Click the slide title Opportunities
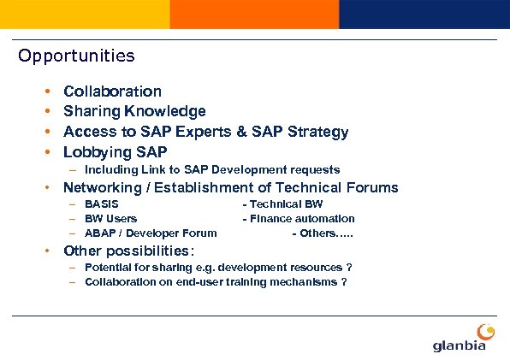click(x=76, y=56)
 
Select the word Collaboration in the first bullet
click(x=112, y=91)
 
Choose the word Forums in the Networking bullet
click(x=371, y=187)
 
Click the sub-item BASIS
click(x=101, y=204)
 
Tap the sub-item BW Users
click(x=110, y=219)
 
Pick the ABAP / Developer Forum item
click(x=151, y=233)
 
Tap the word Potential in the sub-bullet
click(x=109, y=267)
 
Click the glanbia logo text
click(x=460, y=345)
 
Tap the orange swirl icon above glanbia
click(x=483, y=330)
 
